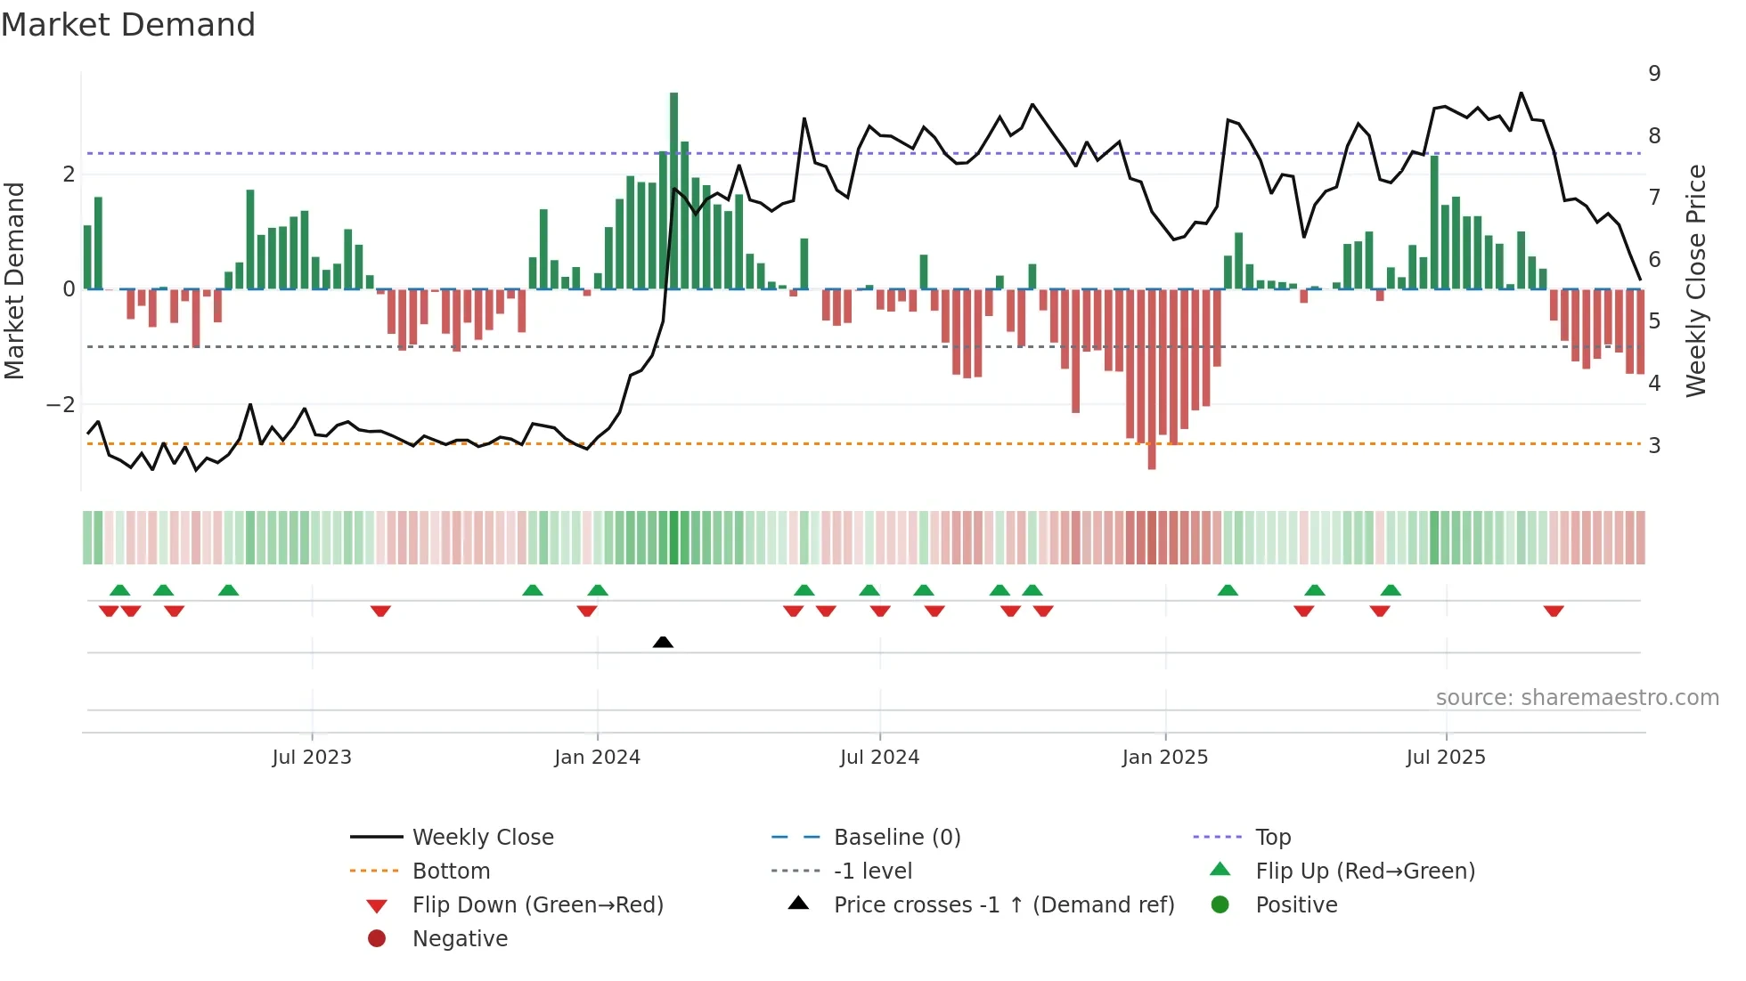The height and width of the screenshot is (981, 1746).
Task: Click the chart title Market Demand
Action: click(x=128, y=25)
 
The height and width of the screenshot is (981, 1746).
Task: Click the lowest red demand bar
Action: click(x=1152, y=378)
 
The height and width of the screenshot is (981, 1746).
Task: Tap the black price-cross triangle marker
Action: click(x=663, y=642)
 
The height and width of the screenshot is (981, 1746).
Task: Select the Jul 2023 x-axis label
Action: click(x=312, y=758)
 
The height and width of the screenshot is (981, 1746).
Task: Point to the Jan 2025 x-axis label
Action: click(x=1164, y=758)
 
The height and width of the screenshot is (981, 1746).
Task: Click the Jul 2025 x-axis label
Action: click(x=1445, y=758)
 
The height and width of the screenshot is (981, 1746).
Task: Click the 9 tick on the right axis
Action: click(x=1654, y=74)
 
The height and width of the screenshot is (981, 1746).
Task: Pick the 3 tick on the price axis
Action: click(x=1654, y=445)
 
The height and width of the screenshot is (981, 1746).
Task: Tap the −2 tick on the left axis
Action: click(x=61, y=405)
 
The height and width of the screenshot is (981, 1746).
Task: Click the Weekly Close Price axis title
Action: click(x=1696, y=280)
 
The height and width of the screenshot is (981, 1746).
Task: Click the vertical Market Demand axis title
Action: click(x=14, y=280)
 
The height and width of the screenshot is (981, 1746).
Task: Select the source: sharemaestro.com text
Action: click(x=1577, y=698)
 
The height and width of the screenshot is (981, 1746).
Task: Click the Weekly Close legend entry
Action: click(x=482, y=838)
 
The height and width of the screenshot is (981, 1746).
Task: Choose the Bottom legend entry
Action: click(x=451, y=872)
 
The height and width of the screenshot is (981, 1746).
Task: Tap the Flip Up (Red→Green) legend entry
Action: click(x=1365, y=872)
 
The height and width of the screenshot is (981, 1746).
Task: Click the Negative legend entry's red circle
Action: click(x=377, y=939)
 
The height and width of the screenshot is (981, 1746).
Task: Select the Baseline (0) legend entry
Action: click(x=896, y=838)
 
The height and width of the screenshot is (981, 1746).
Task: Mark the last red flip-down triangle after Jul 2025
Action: click(x=1554, y=612)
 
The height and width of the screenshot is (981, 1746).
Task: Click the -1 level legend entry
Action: click(x=872, y=872)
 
